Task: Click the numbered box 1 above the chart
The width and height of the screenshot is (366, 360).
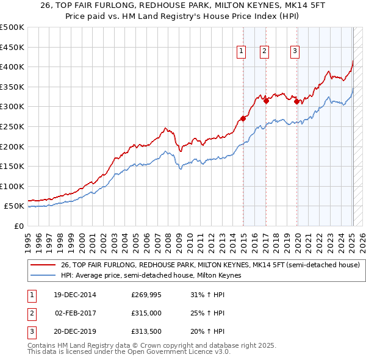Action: pyautogui.click(x=242, y=52)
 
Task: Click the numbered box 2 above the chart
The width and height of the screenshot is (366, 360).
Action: pyautogui.click(x=264, y=52)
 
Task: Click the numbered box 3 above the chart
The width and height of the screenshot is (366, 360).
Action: pyautogui.click(x=295, y=52)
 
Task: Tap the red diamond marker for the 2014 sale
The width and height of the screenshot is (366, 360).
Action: pyautogui.click(x=243, y=118)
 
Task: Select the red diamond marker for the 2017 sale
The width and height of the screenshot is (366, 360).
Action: pyautogui.click(x=266, y=101)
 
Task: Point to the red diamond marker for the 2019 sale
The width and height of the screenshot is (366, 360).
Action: pyautogui.click(x=296, y=102)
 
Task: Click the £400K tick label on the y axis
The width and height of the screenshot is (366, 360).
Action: pyautogui.click(x=12, y=67)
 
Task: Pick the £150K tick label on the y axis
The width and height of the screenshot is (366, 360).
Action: pyautogui.click(x=12, y=166)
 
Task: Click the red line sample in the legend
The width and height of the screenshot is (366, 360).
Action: pyautogui.click(x=43, y=265)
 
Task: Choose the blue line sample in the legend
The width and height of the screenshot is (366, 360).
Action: pyautogui.click(x=43, y=276)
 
